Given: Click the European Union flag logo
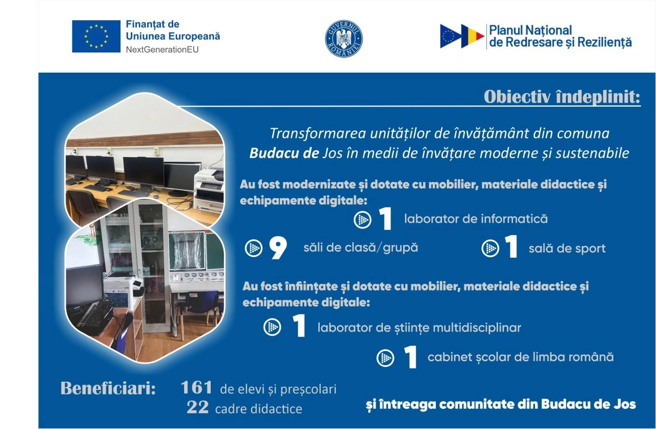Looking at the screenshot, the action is pos(96,36).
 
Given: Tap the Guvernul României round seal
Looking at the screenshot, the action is pos(344,39).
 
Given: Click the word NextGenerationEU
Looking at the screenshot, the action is pos(162,50).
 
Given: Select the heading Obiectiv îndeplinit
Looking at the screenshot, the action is pos(562,97).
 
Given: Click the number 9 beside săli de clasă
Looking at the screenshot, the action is pos(278,248).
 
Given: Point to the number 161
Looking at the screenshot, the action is pos(196,388).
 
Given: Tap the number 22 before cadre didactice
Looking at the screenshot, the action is pos(198,407).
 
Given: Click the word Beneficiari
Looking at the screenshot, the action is pos(108,388).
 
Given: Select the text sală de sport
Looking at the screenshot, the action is pos(567,248).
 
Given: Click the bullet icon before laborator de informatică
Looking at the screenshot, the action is pos(362,220).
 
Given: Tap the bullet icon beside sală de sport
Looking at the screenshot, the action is pos(490,248).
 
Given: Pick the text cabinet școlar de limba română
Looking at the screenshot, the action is pos(520,357).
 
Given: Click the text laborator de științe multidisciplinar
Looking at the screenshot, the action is pos(419,328).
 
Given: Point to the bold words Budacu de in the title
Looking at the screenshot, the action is pos(284,153).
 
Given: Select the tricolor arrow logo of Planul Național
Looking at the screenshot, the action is pos(462,36).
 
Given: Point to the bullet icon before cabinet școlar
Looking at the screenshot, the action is pos(385,358).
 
